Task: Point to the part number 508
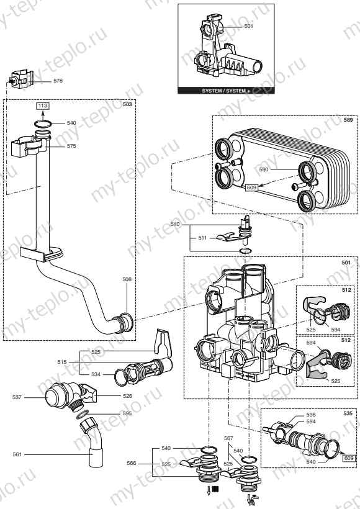127,280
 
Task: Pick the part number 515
61,362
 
